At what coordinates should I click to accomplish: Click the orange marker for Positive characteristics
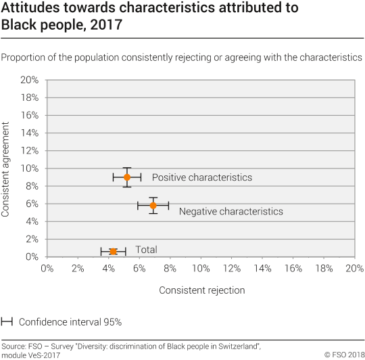point(126,177)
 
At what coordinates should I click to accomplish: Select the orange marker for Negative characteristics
point(153,205)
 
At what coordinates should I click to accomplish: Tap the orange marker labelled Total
point(114,251)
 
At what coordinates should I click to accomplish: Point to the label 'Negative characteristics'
point(230,212)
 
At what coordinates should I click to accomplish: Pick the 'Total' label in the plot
point(146,250)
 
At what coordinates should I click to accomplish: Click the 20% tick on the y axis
point(28,80)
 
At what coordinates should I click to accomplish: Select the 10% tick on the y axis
point(28,168)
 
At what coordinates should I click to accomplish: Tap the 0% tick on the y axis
point(31,257)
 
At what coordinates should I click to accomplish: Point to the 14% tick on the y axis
point(28,133)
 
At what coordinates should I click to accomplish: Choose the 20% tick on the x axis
point(354,269)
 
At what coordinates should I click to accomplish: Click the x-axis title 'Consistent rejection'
point(201,290)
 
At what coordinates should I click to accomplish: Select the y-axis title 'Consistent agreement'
point(6,169)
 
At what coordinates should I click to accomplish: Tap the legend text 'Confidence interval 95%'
point(70,322)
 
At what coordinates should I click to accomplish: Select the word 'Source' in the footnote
point(14,344)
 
